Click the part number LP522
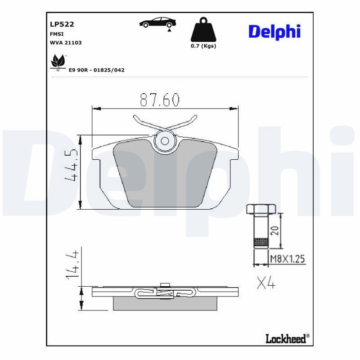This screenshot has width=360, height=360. pyautogui.click(x=58, y=24)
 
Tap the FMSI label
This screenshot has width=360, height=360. pyautogui.click(x=56, y=34)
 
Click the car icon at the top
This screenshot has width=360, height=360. pyautogui.click(x=157, y=23)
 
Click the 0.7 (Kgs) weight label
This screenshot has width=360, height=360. pyautogui.click(x=203, y=46)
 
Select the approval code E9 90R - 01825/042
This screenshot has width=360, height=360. pyautogui.click(x=96, y=70)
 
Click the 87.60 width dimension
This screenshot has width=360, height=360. pyautogui.click(x=160, y=100)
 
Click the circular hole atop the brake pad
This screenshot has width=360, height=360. pyautogui.click(x=165, y=141)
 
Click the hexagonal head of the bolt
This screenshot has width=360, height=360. pyautogui.click(x=261, y=209)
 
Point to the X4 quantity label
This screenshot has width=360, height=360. pyautogui.click(x=265, y=283)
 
